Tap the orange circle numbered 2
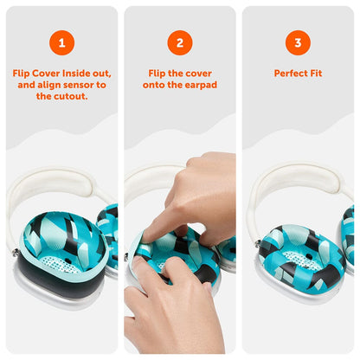click(179, 42)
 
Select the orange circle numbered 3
click(298, 42)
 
